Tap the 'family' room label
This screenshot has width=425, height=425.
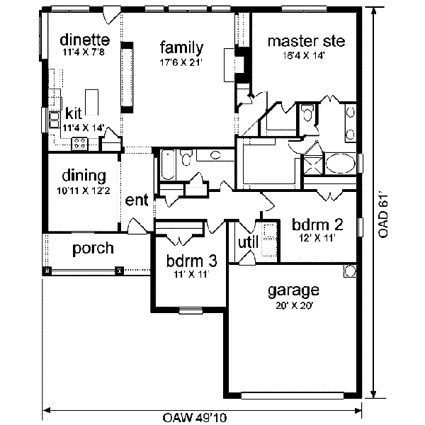tap(181, 48)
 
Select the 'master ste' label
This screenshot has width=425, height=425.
tap(306, 41)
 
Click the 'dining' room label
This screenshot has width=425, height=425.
tap(84, 176)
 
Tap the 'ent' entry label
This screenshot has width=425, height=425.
tap(136, 201)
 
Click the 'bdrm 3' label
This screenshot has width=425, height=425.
tap(191, 261)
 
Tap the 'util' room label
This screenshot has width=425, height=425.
tap(247, 243)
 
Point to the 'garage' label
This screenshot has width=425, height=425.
tap(293, 290)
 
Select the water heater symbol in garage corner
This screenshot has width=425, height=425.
tap(349, 271)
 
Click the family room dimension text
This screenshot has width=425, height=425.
tap(181, 62)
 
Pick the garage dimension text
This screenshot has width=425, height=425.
tap(293, 306)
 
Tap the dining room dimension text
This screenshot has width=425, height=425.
tap(84, 191)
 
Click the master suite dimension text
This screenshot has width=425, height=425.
tap(306, 55)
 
